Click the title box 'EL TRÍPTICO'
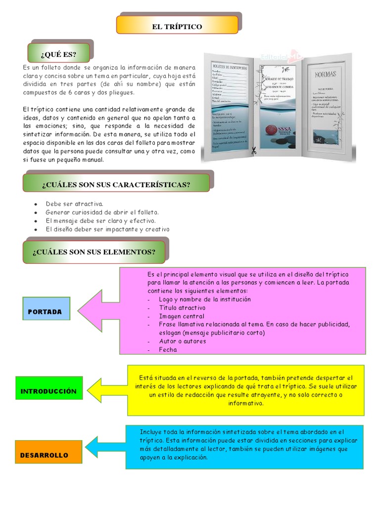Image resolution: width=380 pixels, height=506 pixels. click(177, 26)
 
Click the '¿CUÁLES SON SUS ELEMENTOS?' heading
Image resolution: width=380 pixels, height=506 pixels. click(94, 252)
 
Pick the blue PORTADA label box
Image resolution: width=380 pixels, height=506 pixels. click(46, 312)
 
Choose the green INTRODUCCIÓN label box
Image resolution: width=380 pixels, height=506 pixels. click(48, 391)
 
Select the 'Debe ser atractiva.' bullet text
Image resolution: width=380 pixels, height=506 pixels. click(74, 204)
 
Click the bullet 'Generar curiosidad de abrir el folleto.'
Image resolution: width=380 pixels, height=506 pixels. click(102, 212)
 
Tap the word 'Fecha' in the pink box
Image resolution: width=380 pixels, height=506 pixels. click(168, 349)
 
